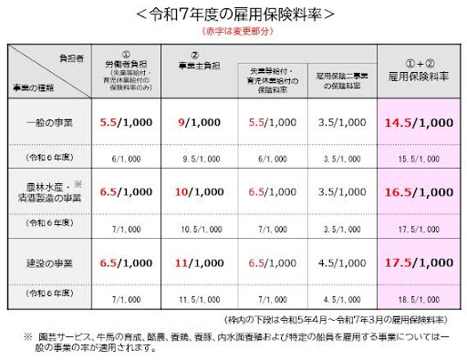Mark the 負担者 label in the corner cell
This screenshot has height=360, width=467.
(79, 55)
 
